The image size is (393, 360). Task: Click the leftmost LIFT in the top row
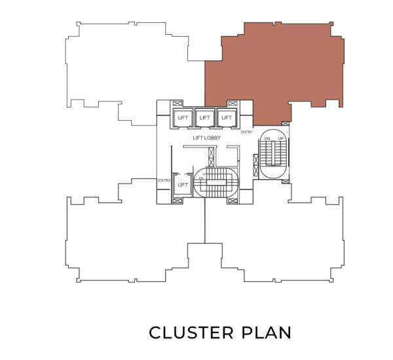tap(183, 117)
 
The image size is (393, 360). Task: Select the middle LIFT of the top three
tap(205, 117)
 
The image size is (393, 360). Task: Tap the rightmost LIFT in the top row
tap(227, 117)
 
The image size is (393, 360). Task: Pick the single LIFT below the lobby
tap(183, 186)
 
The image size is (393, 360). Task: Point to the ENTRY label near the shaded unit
tap(246, 132)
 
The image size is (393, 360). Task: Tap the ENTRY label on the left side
tap(164, 180)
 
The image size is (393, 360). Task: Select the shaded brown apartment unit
tap(275, 66)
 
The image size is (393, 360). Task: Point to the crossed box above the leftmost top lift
tap(177, 103)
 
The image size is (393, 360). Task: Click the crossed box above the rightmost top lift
tap(232, 103)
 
